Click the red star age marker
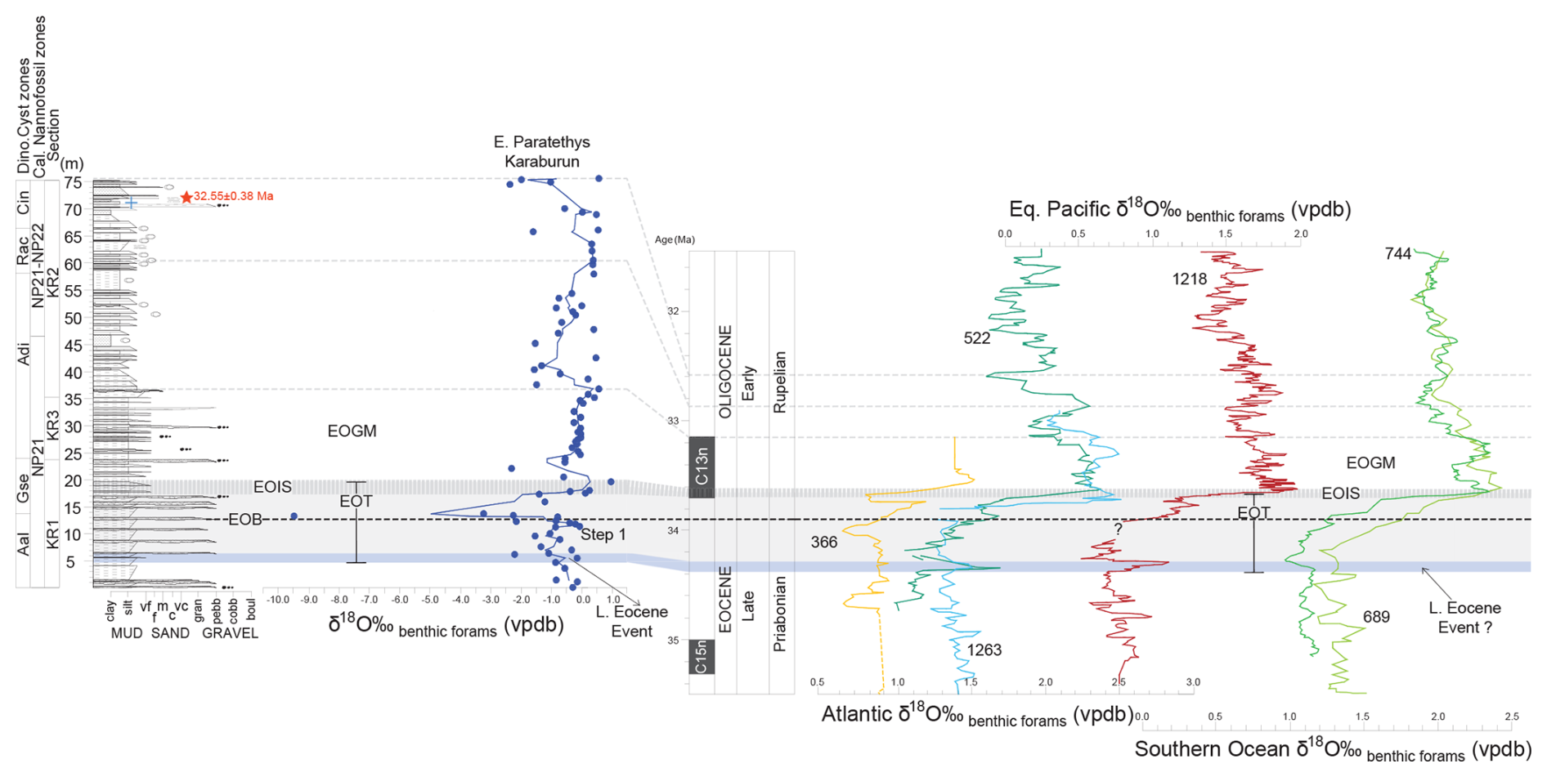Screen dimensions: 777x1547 (x=186, y=197)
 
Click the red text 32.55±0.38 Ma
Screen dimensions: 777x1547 (x=233, y=196)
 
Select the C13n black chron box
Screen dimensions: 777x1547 (x=702, y=467)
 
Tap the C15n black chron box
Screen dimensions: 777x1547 (x=702, y=657)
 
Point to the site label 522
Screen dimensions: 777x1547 (x=977, y=338)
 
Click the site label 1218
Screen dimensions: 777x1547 (x=1189, y=279)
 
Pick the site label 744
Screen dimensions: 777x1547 (x=1398, y=254)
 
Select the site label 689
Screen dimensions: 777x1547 (x=1376, y=617)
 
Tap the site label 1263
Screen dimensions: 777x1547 (x=984, y=650)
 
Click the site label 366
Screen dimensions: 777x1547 (x=824, y=543)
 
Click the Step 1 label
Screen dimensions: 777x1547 (x=603, y=535)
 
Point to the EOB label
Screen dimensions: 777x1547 (x=245, y=520)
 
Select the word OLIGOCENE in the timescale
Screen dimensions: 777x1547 (x=724, y=372)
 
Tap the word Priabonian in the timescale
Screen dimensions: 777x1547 (x=779, y=614)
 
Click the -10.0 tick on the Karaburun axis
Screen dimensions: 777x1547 (x=278, y=600)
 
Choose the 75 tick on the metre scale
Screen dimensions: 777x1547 (x=74, y=183)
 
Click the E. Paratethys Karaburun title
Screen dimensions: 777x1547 (x=541, y=152)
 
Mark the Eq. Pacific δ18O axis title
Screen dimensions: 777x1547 (x=1179, y=211)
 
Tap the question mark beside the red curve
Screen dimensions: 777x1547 (x=1118, y=529)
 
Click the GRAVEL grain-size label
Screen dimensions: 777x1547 (x=230, y=633)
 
